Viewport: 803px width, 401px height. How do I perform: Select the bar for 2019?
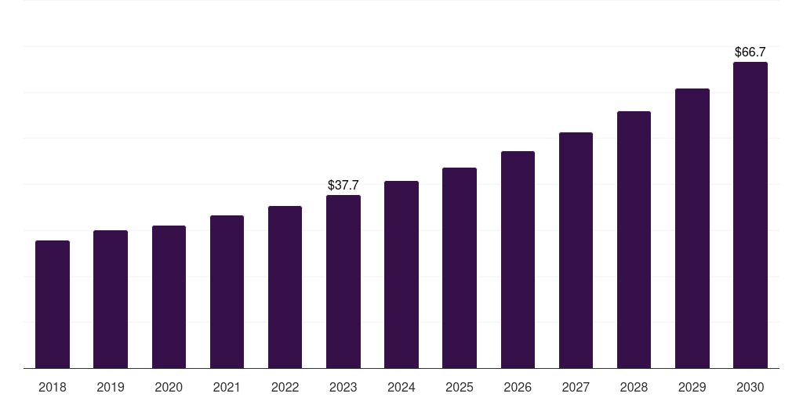[111, 299]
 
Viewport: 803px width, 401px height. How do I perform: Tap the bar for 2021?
[227, 291]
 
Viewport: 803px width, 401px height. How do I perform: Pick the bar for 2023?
[343, 281]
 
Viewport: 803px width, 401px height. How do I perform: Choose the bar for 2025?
[460, 268]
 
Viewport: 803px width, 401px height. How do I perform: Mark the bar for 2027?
[576, 250]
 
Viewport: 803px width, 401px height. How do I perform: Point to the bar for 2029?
[692, 228]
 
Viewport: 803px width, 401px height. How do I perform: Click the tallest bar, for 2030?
[750, 215]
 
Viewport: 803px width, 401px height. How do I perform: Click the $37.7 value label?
[343, 186]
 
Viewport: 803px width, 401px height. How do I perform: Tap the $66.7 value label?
[750, 52]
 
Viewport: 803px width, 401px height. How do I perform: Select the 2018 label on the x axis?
[53, 387]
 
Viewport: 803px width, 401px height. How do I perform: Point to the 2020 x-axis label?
[169, 387]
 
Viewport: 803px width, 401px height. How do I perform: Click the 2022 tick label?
[285, 387]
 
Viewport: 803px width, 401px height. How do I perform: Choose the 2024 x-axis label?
[401, 387]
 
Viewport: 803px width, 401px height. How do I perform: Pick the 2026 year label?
[518, 387]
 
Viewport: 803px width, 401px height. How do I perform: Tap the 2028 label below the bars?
[634, 387]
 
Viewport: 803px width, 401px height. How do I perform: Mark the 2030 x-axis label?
[750, 387]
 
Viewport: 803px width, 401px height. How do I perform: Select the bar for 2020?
[169, 297]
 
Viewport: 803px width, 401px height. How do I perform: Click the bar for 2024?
[401, 274]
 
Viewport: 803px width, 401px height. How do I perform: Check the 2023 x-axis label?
[343, 387]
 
